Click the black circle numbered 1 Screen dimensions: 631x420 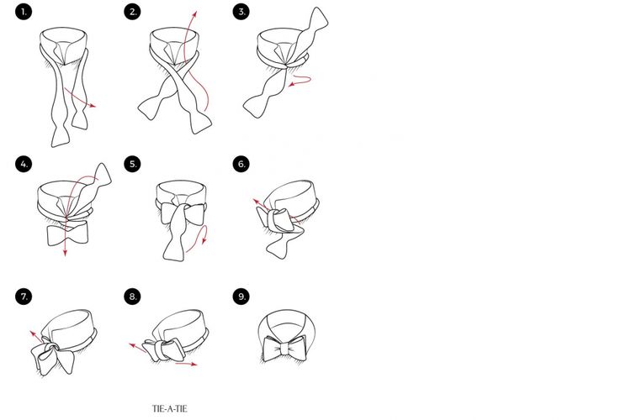(x=24, y=12)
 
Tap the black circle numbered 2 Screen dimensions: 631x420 (x=132, y=12)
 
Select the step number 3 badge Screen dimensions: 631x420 (x=241, y=12)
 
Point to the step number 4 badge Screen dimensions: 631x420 (x=24, y=164)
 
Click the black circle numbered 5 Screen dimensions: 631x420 (x=132, y=164)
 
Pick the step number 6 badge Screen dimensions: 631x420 (x=241, y=164)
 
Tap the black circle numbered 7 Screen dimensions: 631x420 (x=24, y=297)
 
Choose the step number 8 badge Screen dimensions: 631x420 (x=132, y=297)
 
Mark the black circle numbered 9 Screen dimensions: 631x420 (x=241, y=297)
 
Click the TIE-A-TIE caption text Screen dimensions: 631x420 (x=170, y=409)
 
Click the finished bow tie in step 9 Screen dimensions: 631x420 (x=284, y=348)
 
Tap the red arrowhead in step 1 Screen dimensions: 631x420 (x=93, y=106)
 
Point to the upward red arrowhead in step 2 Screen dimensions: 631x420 (x=195, y=14)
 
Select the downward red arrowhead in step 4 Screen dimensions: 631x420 (x=65, y=252)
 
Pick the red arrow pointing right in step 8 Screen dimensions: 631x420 (x=186, y=364)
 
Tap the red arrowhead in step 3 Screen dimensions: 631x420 (x=291, y=84)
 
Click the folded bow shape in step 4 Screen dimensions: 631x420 (x=67, y=234)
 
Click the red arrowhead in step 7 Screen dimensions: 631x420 (x=33, y=333)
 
